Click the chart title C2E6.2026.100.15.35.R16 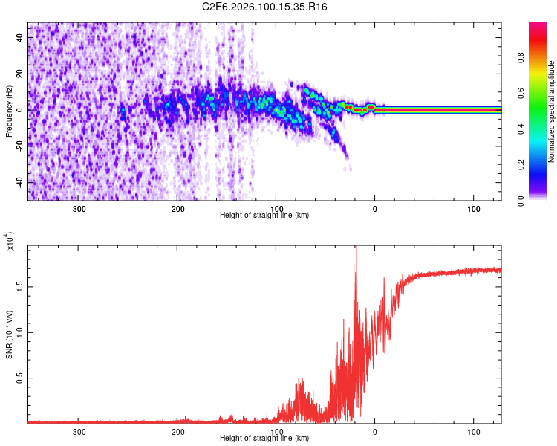pyautogui.click(x=265, y=7)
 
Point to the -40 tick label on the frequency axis pyautogui.click(x=20, y=182)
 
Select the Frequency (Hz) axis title pyautogui.click(x=9, y=111)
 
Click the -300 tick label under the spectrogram pyautogui.click(x=79, y=208)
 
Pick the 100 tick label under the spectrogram pyautogui.click(x=473, y=208)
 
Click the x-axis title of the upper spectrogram pyautogui.click(x=264, y=215)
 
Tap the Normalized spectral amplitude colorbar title pyautogui.click(x=552, y=111)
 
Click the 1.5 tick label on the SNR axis pyautogui.click(x=20, y=285)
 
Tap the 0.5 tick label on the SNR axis pyautogui.click(x=20, y=378)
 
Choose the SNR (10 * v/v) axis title pyautogui.click(x=9, y=334)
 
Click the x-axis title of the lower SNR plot pyautogui.click(x=264, y=438)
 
